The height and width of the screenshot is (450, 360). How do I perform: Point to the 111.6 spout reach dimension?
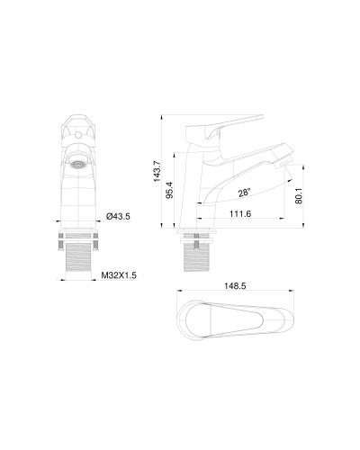(x=240, y=213)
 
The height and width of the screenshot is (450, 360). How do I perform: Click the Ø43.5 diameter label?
(x=119, y=217)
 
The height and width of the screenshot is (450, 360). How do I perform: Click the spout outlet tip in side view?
(x=286, y=164)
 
